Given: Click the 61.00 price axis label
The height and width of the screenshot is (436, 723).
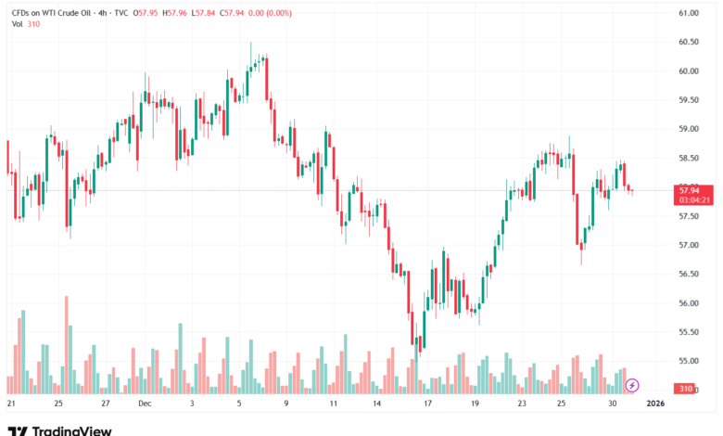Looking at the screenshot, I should [x=688, y=13].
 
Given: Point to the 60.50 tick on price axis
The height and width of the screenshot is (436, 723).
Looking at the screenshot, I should [x=688, y=42].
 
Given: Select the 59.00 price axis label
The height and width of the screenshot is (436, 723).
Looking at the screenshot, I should [x=688, y=129].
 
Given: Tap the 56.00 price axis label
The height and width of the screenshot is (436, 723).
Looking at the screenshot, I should [x=688, y=303].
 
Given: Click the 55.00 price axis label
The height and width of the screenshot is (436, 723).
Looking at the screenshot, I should [x=688, y=361].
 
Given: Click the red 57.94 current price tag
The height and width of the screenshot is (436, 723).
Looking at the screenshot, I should [x=688, y=189].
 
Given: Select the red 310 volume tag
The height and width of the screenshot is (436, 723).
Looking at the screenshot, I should [x=686, y=388].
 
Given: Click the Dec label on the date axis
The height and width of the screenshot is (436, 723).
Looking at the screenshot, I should [x=144, y=404].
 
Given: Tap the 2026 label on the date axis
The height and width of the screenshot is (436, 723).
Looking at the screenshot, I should [x=655, y=404].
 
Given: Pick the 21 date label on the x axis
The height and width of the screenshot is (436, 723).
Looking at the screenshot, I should [x=11, y=404].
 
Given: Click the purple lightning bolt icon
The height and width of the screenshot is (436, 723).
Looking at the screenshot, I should [x=632, y=384].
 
